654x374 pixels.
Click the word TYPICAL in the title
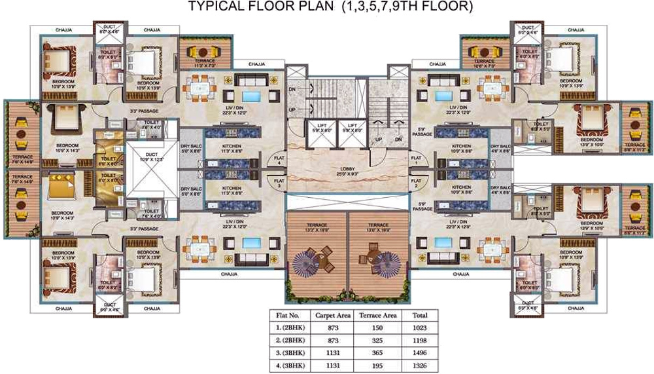213,7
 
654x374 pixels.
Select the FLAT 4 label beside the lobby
278,158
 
